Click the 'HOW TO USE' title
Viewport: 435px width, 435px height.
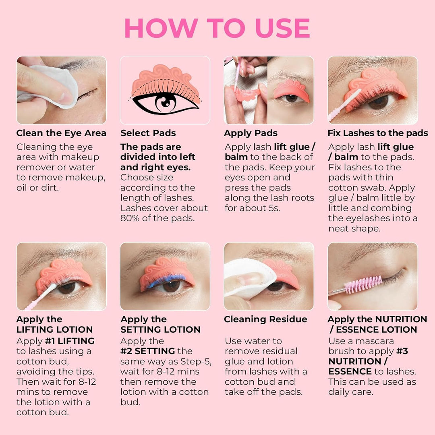click(x=217, y=28)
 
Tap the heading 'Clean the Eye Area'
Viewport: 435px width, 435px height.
click(x=61, y=133)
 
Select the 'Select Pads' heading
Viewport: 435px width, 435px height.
click(x=148, y=133)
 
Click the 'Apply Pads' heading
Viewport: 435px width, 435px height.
click(x=251, y=133)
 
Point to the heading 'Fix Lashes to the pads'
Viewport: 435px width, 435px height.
click(x=378, y=133)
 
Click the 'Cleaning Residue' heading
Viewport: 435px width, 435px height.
click(x=265, y=319)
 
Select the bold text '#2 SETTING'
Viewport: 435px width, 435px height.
click(x=147, y=351)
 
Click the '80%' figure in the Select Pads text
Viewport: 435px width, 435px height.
click(x=130, y=218)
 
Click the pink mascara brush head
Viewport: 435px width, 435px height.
click(x=363, y=285)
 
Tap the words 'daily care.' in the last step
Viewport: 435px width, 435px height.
click(x=351, y=392)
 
